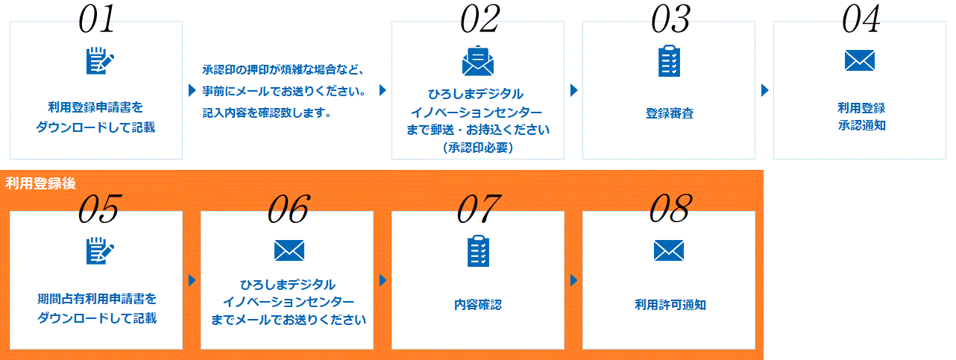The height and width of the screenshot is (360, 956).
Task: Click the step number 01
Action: (96, 19)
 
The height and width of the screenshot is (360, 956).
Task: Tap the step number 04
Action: (861, 19)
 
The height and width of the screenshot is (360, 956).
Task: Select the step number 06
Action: (288, 209)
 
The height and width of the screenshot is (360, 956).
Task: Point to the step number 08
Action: (669, 209)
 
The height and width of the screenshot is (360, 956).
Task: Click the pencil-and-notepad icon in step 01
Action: (100, 61)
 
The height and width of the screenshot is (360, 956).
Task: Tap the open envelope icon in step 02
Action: (478, 60)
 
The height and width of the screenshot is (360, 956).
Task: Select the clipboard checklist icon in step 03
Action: (669, 60)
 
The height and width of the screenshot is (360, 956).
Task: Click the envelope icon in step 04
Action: (860, 60)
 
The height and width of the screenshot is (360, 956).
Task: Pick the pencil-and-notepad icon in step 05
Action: (100, 250)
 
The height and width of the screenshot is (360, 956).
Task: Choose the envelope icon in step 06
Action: (289, 250)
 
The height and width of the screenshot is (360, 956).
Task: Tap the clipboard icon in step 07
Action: (478, 250)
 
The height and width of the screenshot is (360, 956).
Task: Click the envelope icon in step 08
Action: (669, 250)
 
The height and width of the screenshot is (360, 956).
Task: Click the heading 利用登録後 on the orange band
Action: (40, 183)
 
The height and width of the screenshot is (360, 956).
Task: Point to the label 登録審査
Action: (669, 113)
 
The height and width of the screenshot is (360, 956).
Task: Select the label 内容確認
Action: (478, 305)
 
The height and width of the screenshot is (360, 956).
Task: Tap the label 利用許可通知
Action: (670, 305)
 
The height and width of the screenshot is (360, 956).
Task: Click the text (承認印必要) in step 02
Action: (478, 148)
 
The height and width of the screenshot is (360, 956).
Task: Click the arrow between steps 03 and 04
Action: (765, 90)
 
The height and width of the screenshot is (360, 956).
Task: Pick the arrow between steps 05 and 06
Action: (192, 280)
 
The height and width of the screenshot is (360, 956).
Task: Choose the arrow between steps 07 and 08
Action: (574, 280)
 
